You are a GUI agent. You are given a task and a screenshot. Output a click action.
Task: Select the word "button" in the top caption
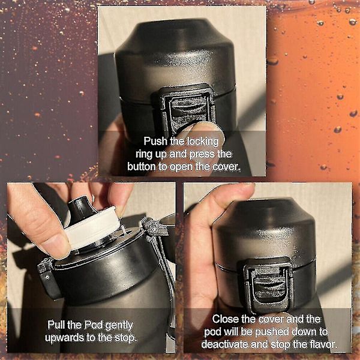click(142, 166)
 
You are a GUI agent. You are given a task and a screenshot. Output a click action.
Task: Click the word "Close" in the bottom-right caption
click(225, 319)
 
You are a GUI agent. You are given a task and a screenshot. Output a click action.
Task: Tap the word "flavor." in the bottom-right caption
click(324, 344)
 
